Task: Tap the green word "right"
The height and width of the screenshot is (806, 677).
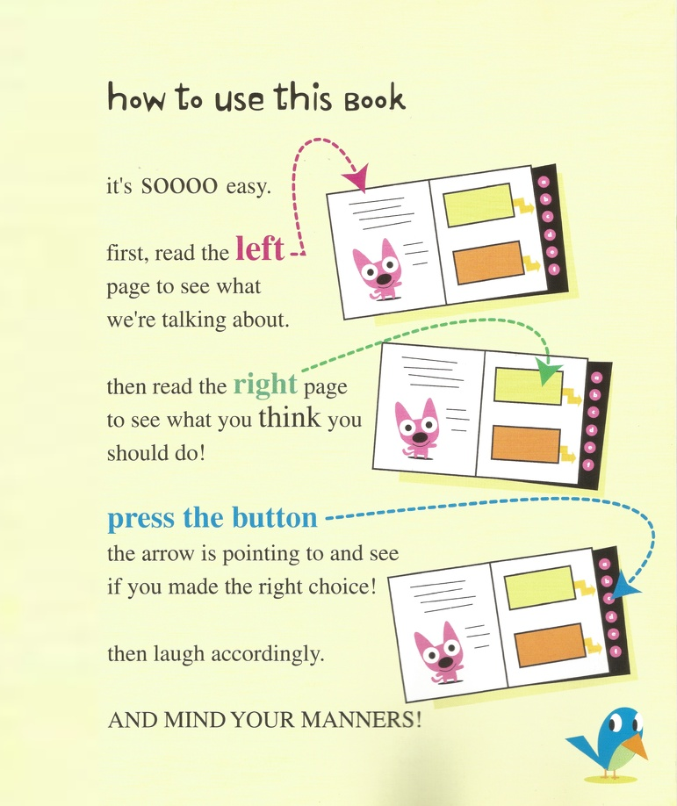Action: (x=265, y=385)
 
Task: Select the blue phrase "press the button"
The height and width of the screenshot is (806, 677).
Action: (x=212, y=519)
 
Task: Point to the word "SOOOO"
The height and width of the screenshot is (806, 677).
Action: (x=179, y=186)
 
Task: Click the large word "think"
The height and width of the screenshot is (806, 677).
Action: (x=290, y=417)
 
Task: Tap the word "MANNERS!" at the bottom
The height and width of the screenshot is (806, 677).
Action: (x=361, y=719)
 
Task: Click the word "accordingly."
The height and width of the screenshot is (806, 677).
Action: (x=268, y=655)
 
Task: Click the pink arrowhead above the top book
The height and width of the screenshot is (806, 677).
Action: (x=357, y=178)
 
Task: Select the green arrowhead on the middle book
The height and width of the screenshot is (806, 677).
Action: (x=548, y=371)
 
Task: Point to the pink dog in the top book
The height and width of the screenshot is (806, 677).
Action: (x=378, y=270)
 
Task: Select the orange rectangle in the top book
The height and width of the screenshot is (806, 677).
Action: (x=488, y=263)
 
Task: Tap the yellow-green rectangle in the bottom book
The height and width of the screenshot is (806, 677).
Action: (x=539, y=587)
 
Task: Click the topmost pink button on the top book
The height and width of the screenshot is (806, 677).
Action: (x=544, y=181)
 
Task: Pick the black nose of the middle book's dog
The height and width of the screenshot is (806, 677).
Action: (x=420, y=437)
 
